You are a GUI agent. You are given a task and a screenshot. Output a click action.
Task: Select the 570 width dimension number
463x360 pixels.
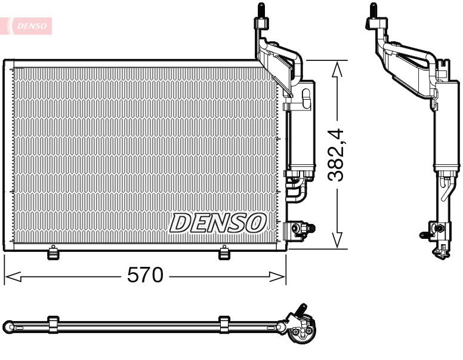click(x=145, y=275)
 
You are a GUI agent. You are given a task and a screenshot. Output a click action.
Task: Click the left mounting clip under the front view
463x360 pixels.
click(x=53, y=253)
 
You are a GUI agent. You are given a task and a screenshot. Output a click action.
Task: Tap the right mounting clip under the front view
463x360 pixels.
click(x=224, y=253)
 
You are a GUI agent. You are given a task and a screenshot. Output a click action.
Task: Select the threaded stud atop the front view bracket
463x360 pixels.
click(x=261, y=11)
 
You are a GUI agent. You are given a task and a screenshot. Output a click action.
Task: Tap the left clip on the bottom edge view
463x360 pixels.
click(x=53, y=325)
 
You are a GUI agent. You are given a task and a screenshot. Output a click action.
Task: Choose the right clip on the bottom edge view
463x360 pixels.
click(x=224, y=325)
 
